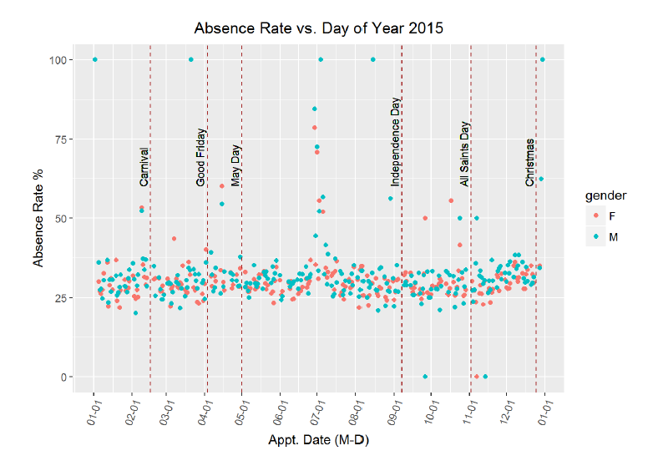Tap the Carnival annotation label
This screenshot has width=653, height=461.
144,167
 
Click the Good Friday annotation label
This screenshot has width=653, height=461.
201,157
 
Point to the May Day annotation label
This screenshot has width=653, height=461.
236,165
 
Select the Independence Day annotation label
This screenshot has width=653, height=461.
396,141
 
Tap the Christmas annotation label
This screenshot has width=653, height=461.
530,163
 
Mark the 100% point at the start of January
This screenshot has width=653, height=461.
95,59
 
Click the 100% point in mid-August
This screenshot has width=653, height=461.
372,59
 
